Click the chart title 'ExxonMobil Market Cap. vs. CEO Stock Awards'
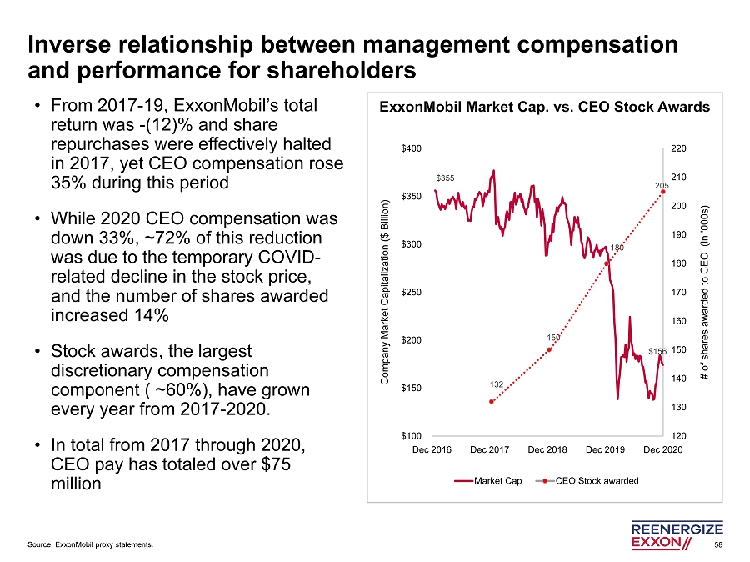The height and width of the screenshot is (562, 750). click(x=545, y=108)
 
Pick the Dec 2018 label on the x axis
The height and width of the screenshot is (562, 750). click(x=547, y=450)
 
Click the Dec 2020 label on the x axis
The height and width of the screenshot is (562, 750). click(x=663, y=450)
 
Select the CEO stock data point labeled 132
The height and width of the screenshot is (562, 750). click(x=492, y=402)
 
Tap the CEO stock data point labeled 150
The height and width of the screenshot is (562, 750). click(x=549, y=349)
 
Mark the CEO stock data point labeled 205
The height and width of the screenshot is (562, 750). click(x=663, y=191)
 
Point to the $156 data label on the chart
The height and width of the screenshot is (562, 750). click(x=658, y=351)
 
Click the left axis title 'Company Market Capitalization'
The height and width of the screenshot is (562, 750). click(x=385, y=292)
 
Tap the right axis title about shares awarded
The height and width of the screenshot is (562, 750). click(x=704, y=292)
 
